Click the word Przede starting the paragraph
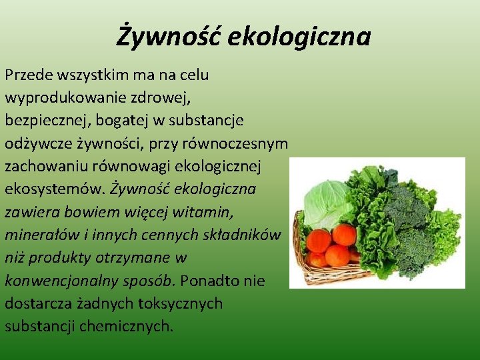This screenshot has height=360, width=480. [27, 75]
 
